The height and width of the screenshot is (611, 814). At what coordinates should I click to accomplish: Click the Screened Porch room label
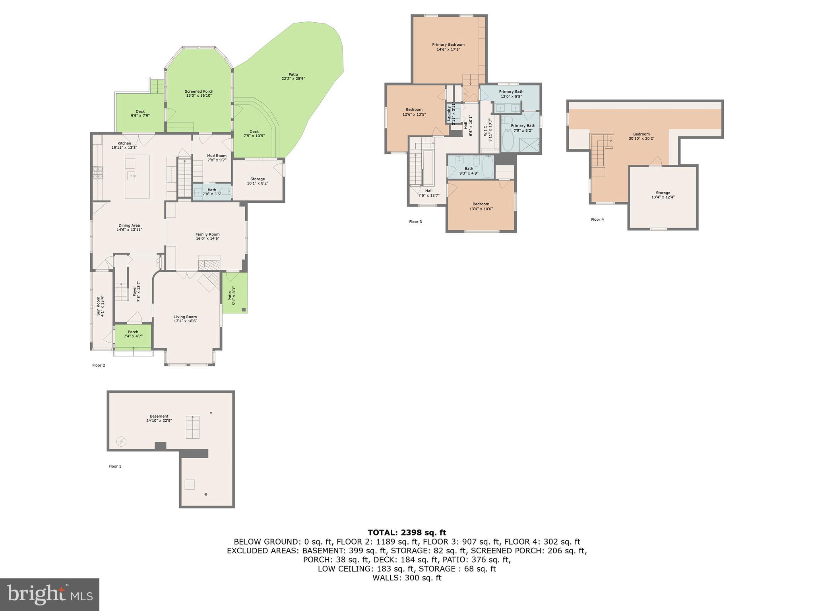pos(199,91)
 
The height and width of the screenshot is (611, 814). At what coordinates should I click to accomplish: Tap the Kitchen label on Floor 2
pos(124,144)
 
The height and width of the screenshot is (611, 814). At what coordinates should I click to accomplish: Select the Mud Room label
pos(217,156)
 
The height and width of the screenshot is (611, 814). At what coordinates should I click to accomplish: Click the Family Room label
pos(207,235)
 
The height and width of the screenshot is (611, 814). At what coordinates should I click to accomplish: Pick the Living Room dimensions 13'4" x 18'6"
pos(185,321)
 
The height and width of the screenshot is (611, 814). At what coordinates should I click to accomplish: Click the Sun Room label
pos(99,305)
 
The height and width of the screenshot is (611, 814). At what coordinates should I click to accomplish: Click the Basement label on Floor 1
pos(159,416)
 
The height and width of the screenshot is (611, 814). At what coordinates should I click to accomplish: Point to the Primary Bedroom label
pos(448,45)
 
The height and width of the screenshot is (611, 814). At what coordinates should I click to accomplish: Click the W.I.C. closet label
pos(485,130)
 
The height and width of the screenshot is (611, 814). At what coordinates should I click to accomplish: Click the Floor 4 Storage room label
pos(663,193)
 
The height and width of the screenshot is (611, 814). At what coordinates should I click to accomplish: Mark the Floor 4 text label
pos(597,220)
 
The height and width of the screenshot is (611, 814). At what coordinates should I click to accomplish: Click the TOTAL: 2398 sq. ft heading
pos(407,533)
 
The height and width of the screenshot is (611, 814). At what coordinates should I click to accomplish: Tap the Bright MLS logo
pos(50,594)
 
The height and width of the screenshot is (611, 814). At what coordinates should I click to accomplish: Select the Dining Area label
pos(129,226)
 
